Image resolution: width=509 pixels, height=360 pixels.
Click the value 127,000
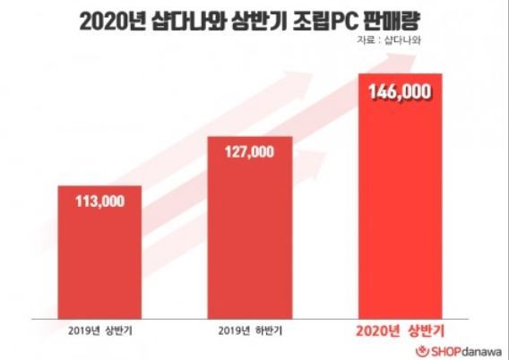pos(246,152)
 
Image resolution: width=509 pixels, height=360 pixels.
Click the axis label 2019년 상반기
pos(97,330)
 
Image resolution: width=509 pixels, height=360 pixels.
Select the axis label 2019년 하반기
pos(246,330)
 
